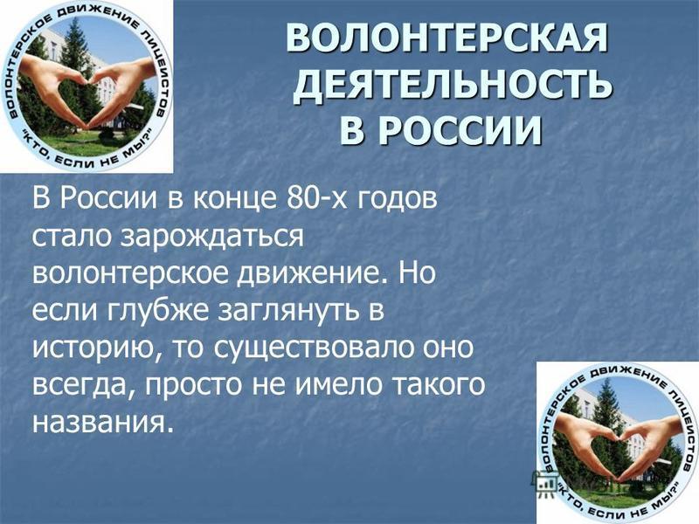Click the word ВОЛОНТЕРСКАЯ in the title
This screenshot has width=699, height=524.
coord(446,38)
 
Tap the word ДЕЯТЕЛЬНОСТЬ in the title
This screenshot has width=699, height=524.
coord(453,84)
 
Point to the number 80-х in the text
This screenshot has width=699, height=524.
coord(316,198)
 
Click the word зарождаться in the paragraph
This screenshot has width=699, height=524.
coord(213,237)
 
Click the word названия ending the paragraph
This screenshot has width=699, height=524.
coord(101,423)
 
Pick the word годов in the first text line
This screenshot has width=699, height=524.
coord(396,199)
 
